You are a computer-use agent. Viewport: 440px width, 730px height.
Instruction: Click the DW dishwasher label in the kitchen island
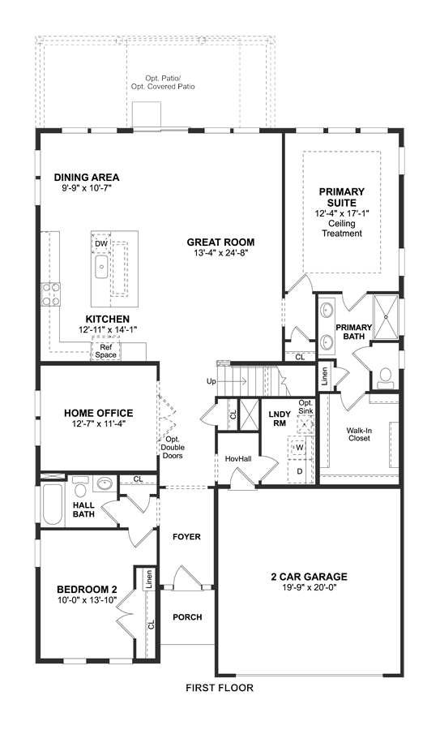101,243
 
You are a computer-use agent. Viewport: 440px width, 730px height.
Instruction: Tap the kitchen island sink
101,267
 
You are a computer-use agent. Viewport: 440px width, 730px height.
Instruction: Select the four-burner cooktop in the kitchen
51,294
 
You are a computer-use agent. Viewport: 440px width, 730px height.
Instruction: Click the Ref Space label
105,351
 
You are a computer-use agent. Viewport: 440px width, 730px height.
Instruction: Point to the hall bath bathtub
52,505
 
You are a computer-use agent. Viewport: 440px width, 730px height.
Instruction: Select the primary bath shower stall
386,316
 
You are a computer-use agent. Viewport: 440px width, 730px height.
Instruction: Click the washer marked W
300,448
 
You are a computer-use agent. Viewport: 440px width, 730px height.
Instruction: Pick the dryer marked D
300,471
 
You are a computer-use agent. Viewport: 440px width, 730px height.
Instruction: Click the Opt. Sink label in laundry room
305,407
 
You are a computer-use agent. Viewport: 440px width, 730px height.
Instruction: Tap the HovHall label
238,458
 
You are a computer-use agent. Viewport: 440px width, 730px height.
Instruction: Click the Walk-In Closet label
359,434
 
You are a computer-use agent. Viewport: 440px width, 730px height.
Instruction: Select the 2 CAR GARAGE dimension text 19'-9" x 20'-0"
309,587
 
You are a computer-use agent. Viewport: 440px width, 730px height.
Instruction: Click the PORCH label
187,617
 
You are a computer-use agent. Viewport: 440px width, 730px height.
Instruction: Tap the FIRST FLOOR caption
220,688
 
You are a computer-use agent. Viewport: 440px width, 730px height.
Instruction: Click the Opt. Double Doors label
173,448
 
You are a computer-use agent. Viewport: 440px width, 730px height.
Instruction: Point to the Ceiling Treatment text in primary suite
342,228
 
